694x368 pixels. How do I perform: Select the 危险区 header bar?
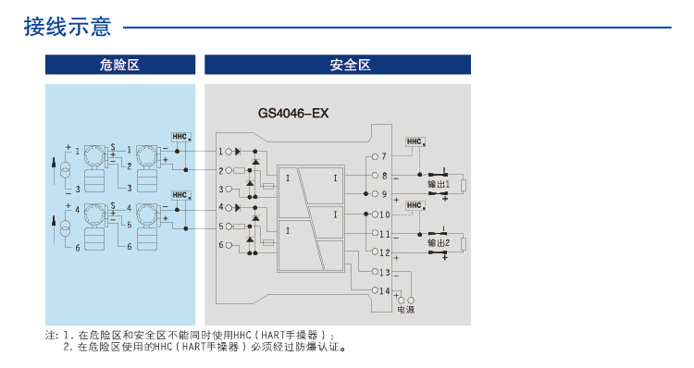(120, 65)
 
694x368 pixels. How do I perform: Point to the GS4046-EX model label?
(293, 115)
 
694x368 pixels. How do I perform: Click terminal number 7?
(383, 156)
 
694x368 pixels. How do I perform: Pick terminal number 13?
(385, 272)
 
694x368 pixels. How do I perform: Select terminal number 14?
(385, 290)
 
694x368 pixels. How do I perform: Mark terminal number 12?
(385, 252)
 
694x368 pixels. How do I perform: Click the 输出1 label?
(438, 185)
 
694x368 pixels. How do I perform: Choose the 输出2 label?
(438, 243)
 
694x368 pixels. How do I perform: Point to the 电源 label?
(405, 310)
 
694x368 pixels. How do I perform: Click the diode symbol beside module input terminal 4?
(238, 208)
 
